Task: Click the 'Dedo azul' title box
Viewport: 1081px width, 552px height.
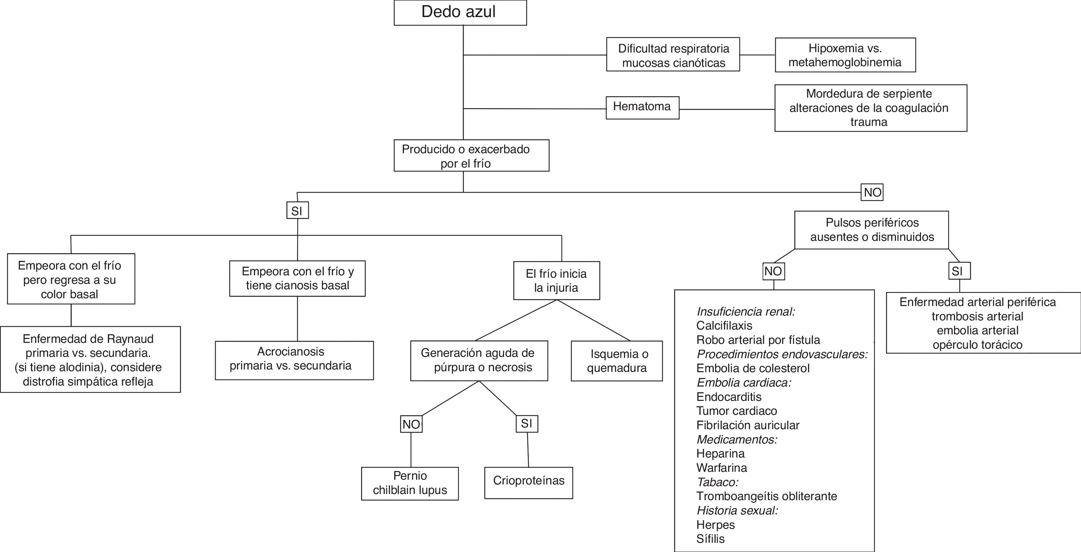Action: (460, 13)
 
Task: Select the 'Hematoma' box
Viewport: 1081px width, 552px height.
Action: (642, 107)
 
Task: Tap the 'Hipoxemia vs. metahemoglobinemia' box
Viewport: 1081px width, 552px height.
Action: (845, 55)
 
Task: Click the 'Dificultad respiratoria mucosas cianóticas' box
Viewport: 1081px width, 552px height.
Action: (673, 55)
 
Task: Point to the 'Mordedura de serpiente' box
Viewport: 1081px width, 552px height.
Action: (870, 108)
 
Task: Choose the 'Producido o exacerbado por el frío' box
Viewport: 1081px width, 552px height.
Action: (471, 156)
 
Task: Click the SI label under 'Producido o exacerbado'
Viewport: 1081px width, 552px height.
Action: (297, 210)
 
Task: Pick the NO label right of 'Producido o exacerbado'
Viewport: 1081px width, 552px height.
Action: (872, 192)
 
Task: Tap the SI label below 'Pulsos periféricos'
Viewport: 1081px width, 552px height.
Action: (959, 271)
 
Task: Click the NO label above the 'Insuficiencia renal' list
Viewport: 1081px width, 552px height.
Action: (773, 271)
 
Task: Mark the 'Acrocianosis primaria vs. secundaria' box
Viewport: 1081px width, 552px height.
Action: (294, 360)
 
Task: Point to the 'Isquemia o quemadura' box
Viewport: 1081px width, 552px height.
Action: (616, 361)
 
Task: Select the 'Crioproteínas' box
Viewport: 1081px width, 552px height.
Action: (528, 482)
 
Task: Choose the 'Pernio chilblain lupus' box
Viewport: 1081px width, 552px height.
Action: (410, 483)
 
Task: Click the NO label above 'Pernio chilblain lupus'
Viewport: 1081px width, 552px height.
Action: (411, 424)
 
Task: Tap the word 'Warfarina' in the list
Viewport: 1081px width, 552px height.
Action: (721, 468)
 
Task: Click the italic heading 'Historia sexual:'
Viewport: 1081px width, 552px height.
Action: (737, 510)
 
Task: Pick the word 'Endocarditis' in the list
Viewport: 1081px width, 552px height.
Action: (728, 397)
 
